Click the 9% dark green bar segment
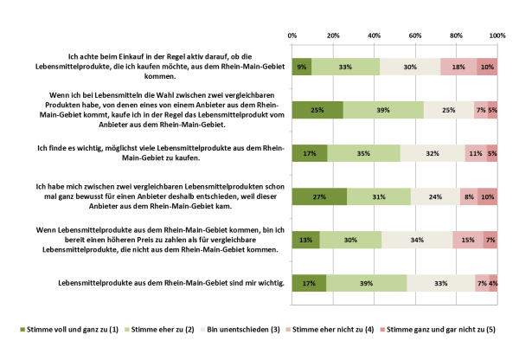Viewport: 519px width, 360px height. coord(302,67)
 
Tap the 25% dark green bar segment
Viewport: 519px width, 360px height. coord(317,110)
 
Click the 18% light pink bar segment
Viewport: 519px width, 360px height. coord(458,67)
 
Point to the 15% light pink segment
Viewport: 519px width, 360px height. coord(468,240)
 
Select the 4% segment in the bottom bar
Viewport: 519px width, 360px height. coord(493,283)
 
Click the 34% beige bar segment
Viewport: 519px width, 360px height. coord(416,240)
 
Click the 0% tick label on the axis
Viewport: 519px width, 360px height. coord(292,35)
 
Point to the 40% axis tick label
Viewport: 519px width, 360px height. coord(375,35)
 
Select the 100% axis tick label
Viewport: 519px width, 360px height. coord(497,35)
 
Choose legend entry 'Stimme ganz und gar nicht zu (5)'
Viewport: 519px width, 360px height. coord(444,330)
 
